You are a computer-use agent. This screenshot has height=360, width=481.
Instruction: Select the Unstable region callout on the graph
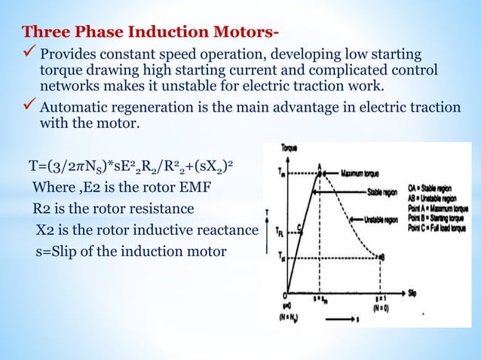[x=379, y=220]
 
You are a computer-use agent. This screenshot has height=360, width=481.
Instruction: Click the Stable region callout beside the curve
[x=384, y=191]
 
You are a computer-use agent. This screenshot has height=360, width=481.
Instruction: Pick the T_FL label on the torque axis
[x=279, y=231]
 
